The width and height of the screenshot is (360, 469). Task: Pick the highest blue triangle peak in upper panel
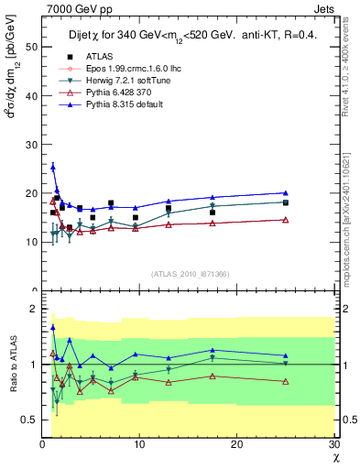click(53, 168)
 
